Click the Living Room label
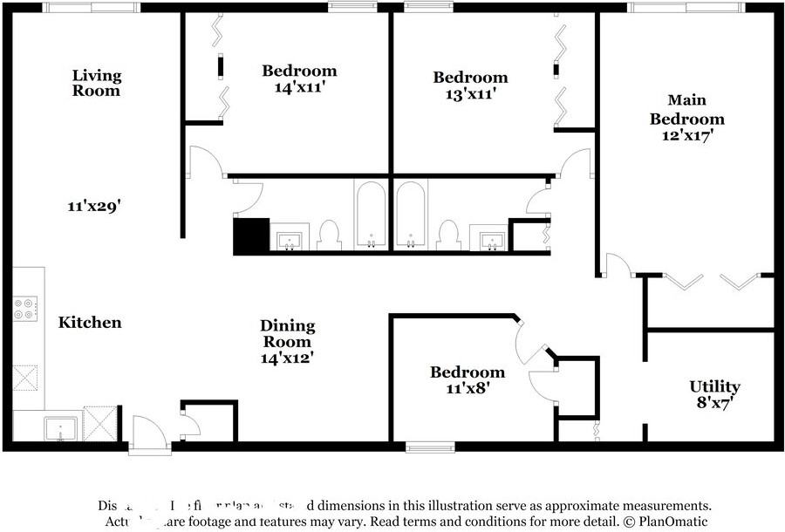pos(96,83)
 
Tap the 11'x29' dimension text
pos(93,207)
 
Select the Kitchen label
pos(90,323)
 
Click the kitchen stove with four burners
pos(25,308)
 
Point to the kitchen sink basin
pos(61,428)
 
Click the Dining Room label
pos(287,333)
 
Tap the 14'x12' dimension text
pos(287,357)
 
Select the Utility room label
pos(714,386)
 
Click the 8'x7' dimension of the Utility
pos(714,404)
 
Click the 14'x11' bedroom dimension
pos(299,87)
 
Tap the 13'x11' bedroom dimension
pos(470,94)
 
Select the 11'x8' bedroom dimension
pos(467,389)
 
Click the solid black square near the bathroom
pos(251,235)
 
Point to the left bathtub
pos(372,215)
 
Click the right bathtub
pos(411,215)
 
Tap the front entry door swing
pos(147,433)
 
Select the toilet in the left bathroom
pos(328,235)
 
